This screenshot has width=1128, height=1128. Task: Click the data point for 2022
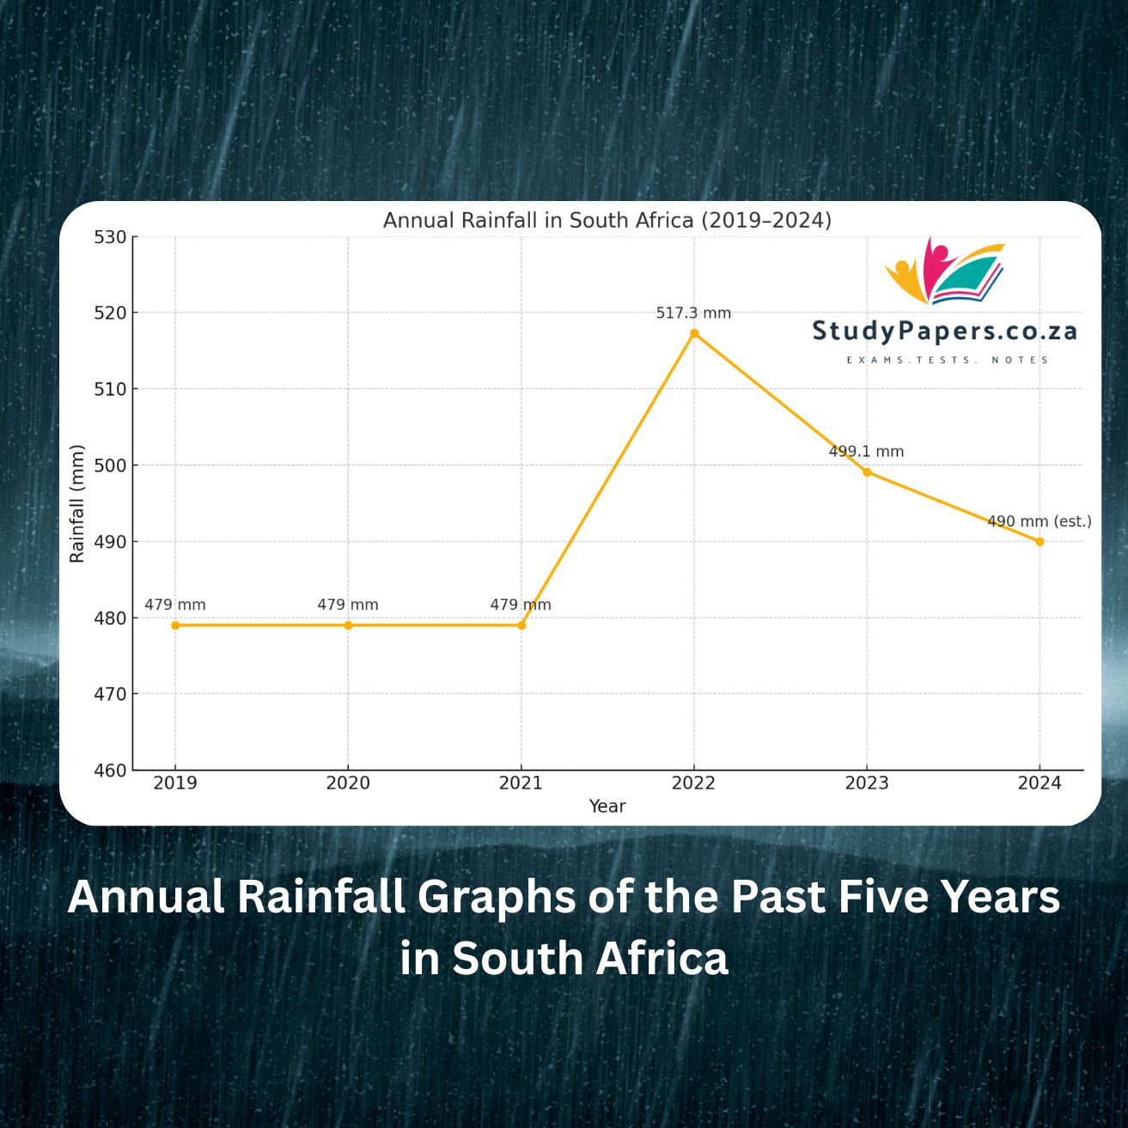tap(694, 333)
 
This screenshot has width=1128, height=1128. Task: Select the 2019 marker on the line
tap(175, 625)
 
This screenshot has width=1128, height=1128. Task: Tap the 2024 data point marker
tap(1040, 541)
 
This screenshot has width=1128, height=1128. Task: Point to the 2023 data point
tap(867, 472)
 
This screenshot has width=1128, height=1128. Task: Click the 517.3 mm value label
tap(693, 314)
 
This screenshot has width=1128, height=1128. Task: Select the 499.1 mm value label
tap(866, 452)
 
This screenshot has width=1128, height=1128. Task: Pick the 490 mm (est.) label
tap(1039, 521)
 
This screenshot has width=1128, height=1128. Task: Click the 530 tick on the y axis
tap(110, 237)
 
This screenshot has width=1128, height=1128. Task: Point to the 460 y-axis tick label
tap(110, 771)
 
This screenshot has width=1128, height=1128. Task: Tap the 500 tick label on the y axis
tap(110, 466)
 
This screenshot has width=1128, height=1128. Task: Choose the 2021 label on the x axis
tap(521, 784)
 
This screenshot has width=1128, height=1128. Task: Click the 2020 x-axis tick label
tap(348, 784)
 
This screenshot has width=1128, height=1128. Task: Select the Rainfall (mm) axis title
tap(77, 503)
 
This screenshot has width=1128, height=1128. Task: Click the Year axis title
tap(607, 807)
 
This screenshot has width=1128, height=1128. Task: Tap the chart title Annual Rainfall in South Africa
tap(607, 221)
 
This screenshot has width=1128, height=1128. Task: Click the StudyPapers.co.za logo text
tap(944, 332)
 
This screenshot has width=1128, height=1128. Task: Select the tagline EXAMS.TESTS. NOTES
tap(948, 360)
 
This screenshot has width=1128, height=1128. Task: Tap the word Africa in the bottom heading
tap(662, 959)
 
